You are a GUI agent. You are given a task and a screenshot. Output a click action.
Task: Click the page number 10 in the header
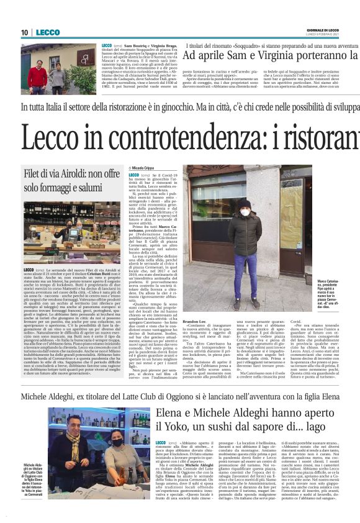tap(25, 32)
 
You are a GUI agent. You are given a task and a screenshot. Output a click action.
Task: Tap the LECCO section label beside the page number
tap(48, 32)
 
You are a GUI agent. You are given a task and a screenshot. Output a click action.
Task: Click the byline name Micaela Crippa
tap(145, 168)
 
